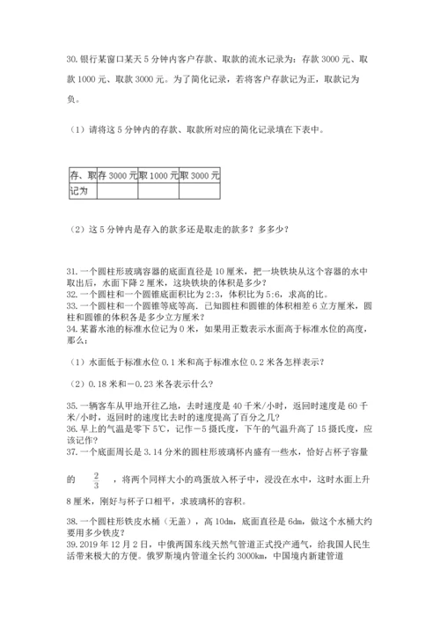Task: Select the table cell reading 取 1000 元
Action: (158, 176)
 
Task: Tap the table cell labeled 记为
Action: (77, 190)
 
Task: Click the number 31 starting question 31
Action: (71, 270)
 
